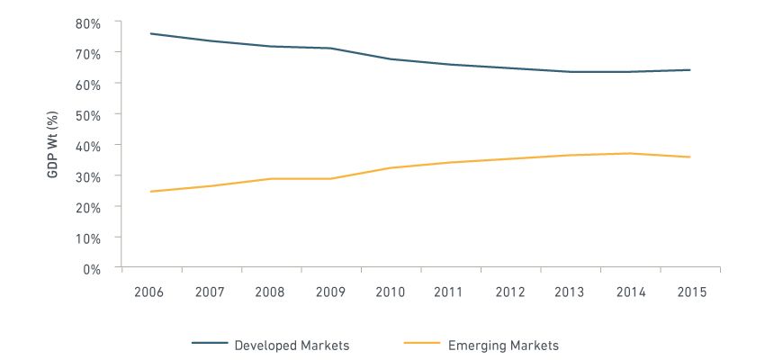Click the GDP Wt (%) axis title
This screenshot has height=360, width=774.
coord(53,144)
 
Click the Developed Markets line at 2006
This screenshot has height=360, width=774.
coord(151,33)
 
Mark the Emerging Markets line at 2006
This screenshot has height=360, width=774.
coord(151,192)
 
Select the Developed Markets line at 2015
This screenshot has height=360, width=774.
coord(689,69)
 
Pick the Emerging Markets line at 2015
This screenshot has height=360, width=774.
coord(689,157)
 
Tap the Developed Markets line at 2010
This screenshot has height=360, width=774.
coord(390,58)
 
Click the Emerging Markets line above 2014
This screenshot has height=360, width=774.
coord(630,153)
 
